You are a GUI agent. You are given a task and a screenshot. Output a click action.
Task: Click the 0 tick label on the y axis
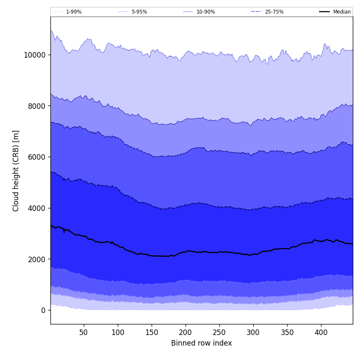tap(43, 310)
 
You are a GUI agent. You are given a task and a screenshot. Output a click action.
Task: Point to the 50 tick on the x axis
tap(84, 332)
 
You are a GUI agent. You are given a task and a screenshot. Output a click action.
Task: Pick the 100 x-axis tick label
tap(118, 332)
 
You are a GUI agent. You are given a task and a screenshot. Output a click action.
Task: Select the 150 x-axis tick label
tap(152, 332)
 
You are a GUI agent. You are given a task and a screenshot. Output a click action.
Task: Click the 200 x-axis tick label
tap(186, 332)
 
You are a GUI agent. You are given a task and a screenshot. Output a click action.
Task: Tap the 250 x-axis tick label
tap(219, 332)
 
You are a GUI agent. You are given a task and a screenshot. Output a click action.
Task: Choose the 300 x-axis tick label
tap(253, 332)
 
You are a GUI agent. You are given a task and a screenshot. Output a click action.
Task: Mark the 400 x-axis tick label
tap(321, 332)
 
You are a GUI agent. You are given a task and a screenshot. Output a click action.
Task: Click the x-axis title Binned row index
tap(202, 343)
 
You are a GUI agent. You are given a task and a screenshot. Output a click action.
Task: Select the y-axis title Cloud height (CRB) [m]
tap(16, 171)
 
